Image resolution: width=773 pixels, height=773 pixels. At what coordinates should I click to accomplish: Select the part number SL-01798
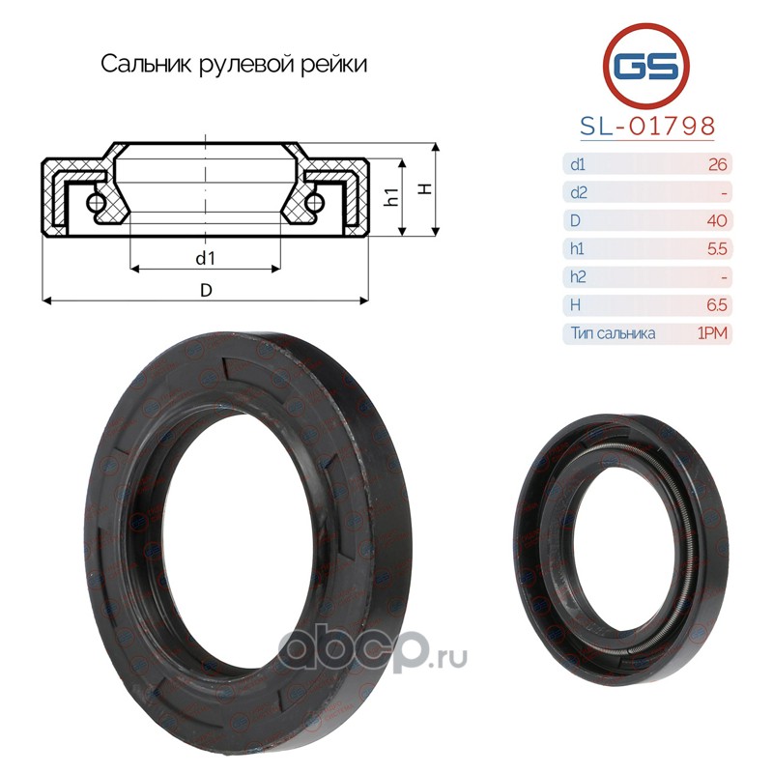click(x=647, y=127)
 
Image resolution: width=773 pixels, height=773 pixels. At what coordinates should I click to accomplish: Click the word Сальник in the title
click(x=146, y=64)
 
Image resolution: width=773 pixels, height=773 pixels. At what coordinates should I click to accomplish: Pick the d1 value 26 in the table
click(x=717, y=164)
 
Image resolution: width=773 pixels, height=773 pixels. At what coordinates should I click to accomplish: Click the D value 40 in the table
click(x=717, y=220)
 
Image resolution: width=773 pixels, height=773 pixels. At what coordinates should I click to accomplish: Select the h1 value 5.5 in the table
click(x=717, y=248)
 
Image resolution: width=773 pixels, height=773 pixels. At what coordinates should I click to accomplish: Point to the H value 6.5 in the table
click(x=717, y=305)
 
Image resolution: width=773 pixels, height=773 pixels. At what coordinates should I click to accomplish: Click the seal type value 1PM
click(x=712, y=333)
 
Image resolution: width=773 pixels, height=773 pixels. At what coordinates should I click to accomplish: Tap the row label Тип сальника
click(x=614, y=333)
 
